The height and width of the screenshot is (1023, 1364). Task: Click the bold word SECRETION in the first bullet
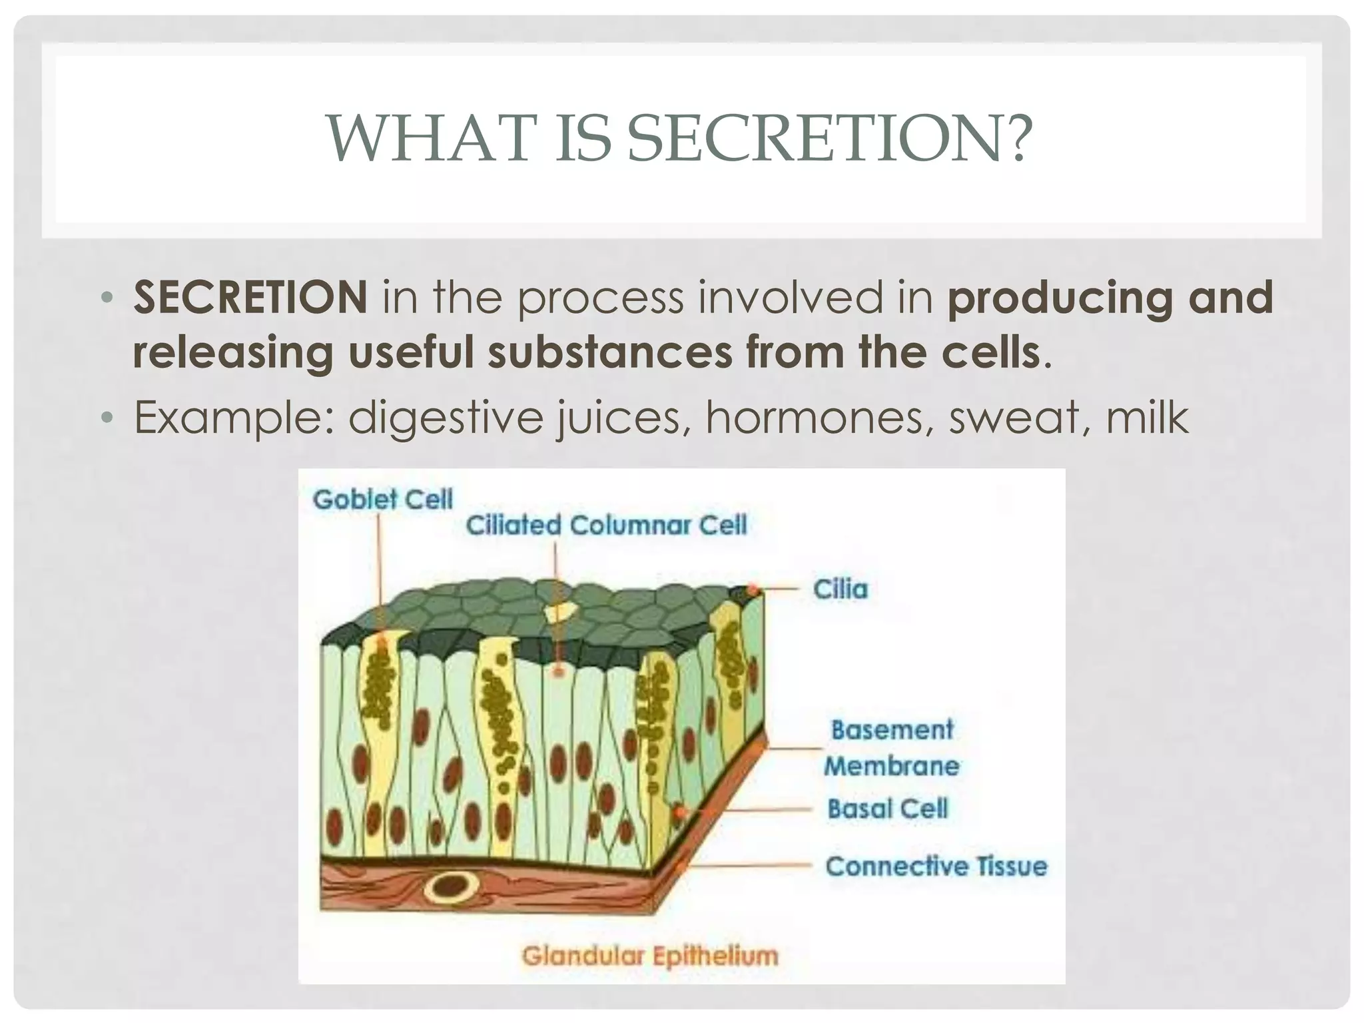250,297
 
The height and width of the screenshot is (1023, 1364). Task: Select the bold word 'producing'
1059,298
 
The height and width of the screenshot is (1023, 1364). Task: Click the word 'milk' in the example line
1147,418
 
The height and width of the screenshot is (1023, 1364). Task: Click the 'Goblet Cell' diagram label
383,500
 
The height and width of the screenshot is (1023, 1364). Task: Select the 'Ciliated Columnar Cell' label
606,525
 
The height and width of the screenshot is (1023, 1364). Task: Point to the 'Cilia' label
841,589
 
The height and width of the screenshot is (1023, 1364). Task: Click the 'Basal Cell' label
887,809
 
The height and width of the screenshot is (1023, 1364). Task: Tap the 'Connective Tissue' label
936,866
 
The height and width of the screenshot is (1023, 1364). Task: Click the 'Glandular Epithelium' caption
650,956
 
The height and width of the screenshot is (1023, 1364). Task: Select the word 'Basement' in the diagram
892,730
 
